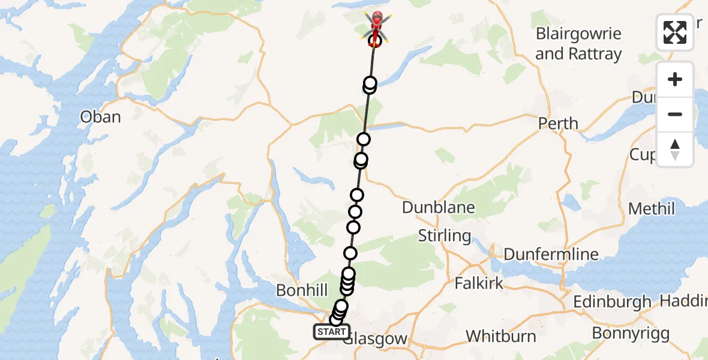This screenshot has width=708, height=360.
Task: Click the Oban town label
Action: [x=101, y=116]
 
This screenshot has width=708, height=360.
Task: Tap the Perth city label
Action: [x=558, y=124]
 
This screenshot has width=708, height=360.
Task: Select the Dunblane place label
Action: [x=439, y=208]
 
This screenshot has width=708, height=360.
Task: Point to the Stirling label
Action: [x=444, y=235]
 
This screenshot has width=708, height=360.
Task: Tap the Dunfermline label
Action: [x=551, y=254]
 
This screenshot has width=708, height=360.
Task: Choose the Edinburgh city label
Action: [x=612, y=301]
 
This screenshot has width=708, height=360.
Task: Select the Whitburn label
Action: [x=501, y=335]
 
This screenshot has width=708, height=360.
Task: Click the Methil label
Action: [x=652, y=209]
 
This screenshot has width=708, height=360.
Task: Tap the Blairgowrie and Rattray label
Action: [x=578, y=43]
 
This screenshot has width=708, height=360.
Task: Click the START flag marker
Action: [x=331, y=331]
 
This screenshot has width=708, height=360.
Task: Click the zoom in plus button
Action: [x=675, y=80]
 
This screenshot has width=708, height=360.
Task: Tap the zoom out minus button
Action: [x=675, y=114]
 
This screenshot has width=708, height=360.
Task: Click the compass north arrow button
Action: [x=675, y=149]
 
